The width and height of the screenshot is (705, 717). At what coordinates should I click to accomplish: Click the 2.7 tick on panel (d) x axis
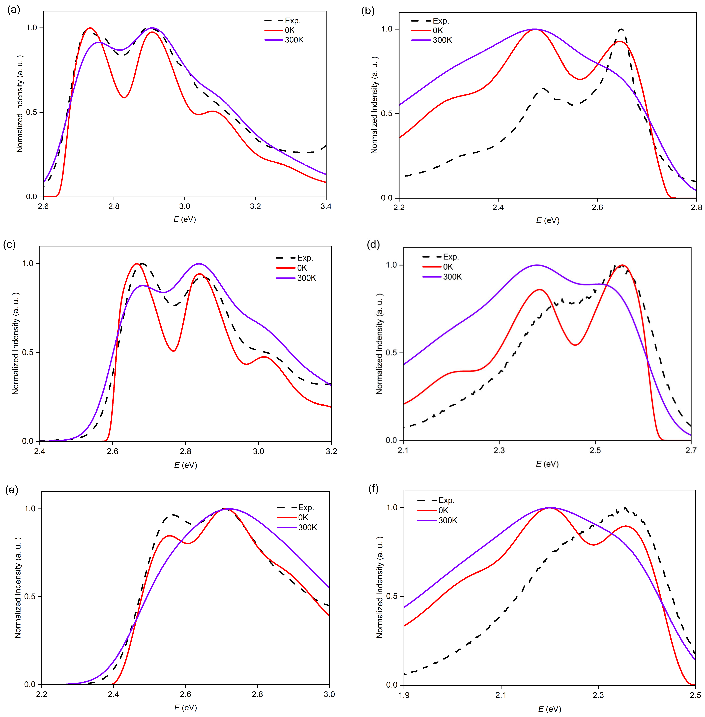click(x=691, y=450)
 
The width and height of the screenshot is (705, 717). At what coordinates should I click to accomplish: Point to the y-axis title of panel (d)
click(x=379, y=344)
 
